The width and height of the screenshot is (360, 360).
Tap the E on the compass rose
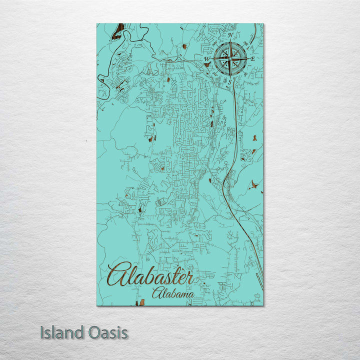click(253, 59)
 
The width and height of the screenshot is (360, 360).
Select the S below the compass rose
click(230, 82)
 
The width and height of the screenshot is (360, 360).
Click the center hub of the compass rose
click(230, 59)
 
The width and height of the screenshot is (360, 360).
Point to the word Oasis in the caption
click(108, 332)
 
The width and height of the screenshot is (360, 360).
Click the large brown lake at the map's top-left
click(118, 32)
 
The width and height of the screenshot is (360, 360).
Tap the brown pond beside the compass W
click(206, 64)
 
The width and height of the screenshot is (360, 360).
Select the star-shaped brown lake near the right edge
click(256, 185)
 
